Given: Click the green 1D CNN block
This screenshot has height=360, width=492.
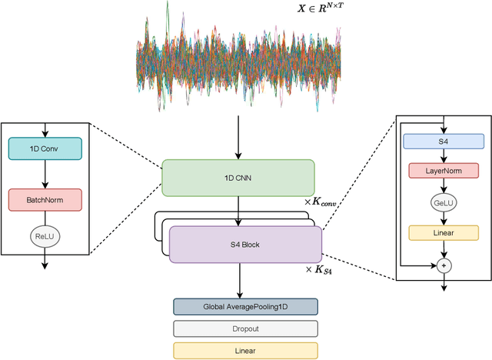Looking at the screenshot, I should click(238, 177).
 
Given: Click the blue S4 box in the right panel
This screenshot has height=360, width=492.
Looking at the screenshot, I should click(444, 142).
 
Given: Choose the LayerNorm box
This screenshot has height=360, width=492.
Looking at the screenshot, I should click(444, 172).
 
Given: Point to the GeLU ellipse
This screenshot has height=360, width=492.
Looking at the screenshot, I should click(444, 202).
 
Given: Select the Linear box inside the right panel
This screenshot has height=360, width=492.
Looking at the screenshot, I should click(444, 233).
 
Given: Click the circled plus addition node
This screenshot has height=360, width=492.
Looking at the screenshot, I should click(444, 265).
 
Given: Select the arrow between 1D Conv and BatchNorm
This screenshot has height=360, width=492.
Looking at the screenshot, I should click(45, 174).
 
